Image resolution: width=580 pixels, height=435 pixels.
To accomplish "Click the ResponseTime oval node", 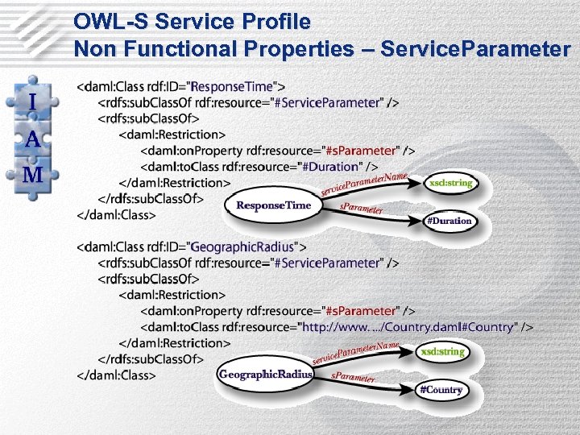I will coord(273,205).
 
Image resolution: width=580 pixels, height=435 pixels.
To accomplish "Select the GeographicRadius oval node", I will coord(266,375).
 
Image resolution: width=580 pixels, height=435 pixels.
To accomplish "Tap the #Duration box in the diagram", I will coord(449,220).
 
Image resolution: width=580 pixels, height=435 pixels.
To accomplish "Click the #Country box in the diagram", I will coord(441,390).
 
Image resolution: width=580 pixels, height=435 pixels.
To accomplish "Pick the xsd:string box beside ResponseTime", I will coord(450,183).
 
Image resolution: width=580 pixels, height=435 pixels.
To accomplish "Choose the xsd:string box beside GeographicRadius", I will coord(441,351).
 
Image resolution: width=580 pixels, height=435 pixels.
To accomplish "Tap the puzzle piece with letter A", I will coord(32,139).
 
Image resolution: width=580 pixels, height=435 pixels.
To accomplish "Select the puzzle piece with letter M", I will coord(32,175).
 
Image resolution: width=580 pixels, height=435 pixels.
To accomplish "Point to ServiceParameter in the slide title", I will coord(475,49).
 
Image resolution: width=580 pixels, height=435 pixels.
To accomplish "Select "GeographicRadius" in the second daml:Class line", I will coord(243,246).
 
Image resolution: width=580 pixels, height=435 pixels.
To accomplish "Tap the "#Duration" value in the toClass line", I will coord(330,167).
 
